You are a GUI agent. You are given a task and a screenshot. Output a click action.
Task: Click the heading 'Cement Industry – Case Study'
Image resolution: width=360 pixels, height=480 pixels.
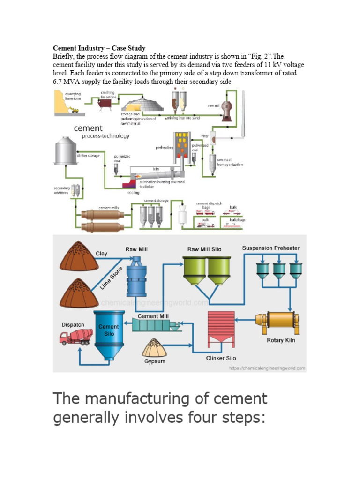tap(99, 48)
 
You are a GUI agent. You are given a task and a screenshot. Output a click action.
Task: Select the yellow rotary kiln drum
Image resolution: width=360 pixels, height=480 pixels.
tap(277, 320)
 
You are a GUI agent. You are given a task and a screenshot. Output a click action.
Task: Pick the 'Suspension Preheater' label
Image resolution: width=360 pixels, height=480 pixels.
tap(270, 248)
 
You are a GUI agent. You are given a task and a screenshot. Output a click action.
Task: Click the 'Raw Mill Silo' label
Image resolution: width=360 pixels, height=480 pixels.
tap(204, 249)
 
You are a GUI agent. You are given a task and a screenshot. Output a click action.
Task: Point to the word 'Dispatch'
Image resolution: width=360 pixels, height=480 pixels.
tap(73, 324)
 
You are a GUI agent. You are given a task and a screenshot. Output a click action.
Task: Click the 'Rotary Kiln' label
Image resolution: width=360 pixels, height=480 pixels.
tap(281, 340)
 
